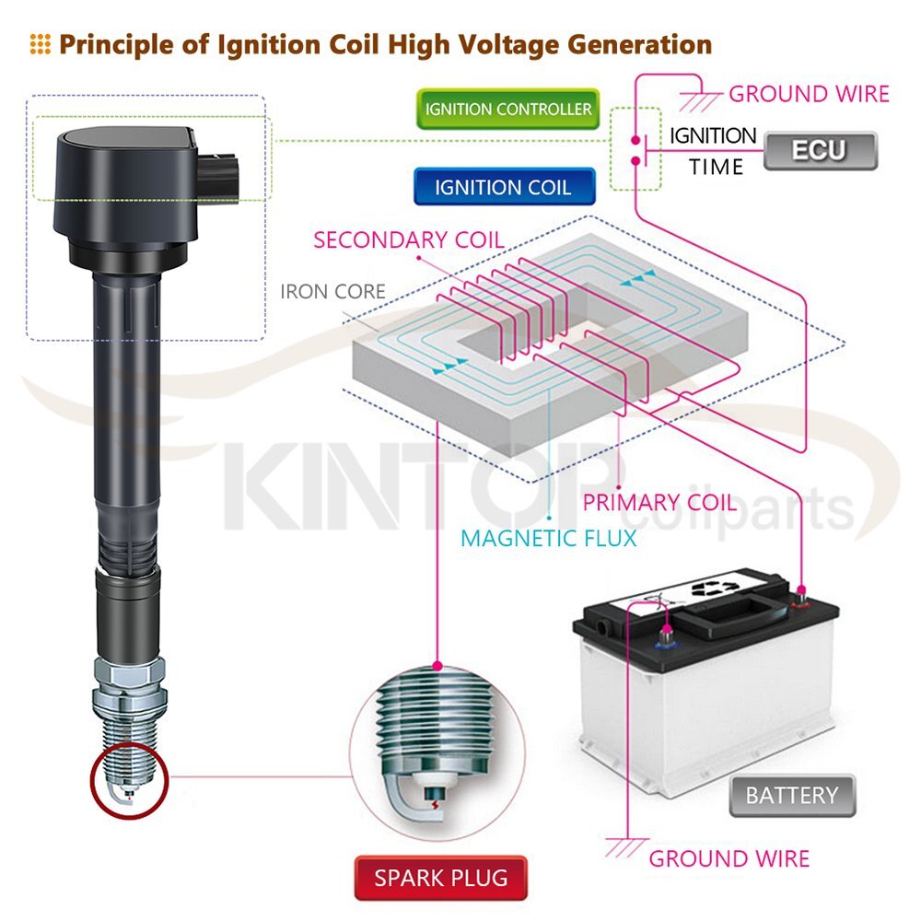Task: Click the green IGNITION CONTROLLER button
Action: click(507, 110)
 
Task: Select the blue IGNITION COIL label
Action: click(503, 187)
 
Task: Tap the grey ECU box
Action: click(820, 150)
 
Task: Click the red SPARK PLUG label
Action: click(440, 878)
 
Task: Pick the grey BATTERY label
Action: click(791, 795)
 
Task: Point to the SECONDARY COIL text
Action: click(408, 240)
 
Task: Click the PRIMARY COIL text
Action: click(659, 503)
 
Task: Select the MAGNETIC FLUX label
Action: click(549, 538)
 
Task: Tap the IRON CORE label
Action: click(332, 293)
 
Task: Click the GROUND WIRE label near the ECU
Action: click(809, 94)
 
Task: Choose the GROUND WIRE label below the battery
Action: click(729, 858)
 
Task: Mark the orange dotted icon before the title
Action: click(40, 43)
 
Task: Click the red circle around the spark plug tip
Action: click(129, 785)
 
